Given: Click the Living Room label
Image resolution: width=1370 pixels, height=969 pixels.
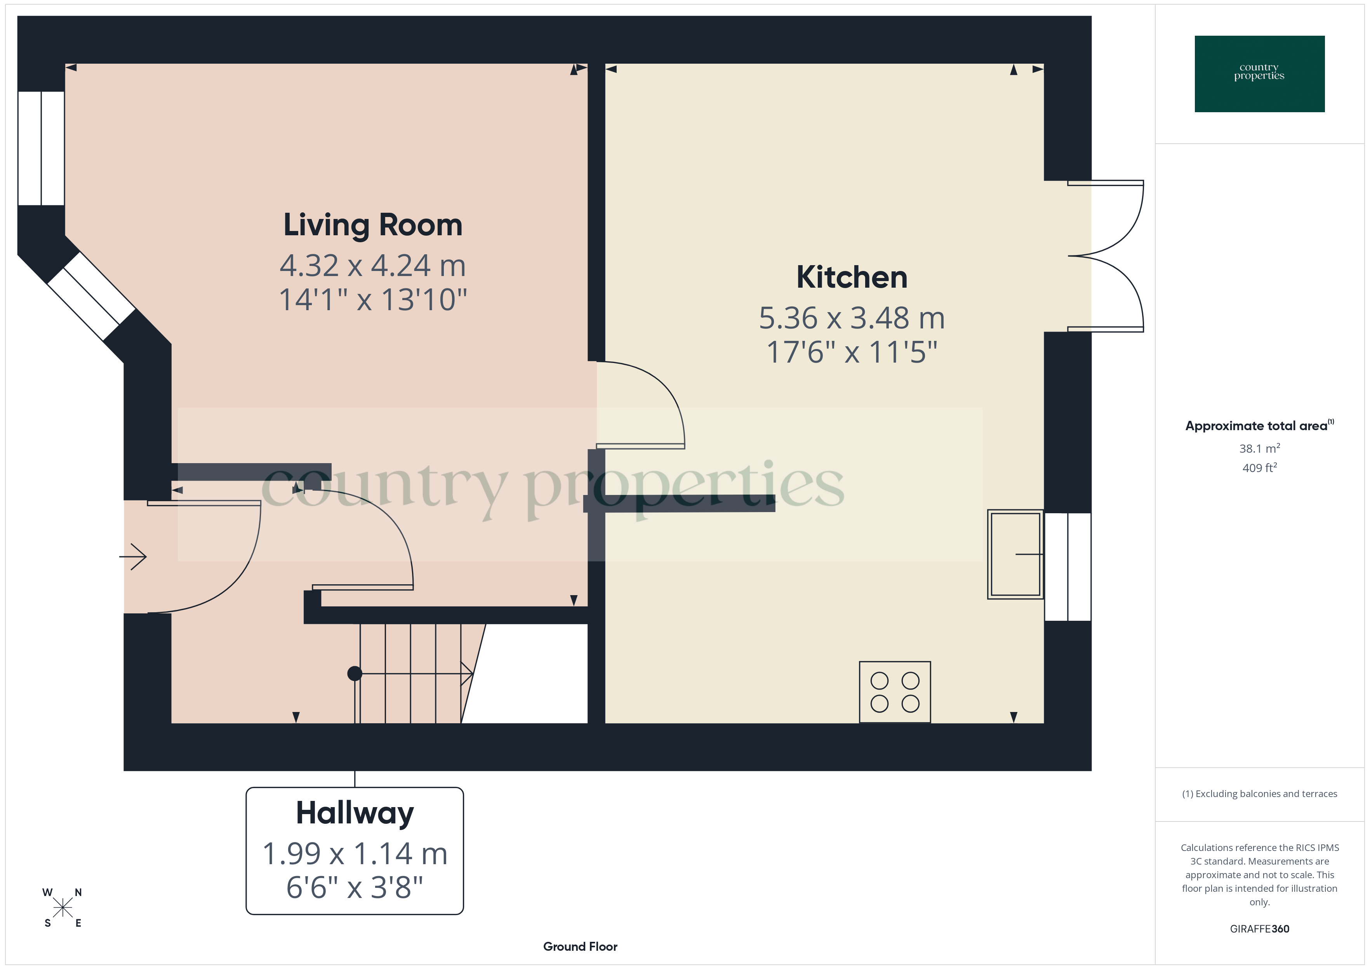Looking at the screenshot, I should point(372,226).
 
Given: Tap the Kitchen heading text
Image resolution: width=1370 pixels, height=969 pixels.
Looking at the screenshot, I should point(852,278).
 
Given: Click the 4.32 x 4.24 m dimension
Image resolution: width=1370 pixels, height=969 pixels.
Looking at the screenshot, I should point(372,266).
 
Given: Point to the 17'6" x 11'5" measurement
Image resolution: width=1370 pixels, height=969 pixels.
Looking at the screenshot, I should point(852,352).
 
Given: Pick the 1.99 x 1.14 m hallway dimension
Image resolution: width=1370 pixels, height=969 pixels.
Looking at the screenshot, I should point(355,853).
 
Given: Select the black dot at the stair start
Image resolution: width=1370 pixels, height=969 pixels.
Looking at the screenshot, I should point(355,674).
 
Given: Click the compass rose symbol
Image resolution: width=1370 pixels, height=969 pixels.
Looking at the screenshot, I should point(63,908).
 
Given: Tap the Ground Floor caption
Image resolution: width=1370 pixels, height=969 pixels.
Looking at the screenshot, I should point(580,946).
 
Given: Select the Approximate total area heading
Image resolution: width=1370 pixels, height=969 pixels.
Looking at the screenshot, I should point(1256,426).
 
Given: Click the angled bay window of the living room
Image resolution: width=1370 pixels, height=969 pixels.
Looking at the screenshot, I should point(91,296).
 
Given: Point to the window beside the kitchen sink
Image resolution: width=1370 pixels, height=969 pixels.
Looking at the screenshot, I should point(1067,567).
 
